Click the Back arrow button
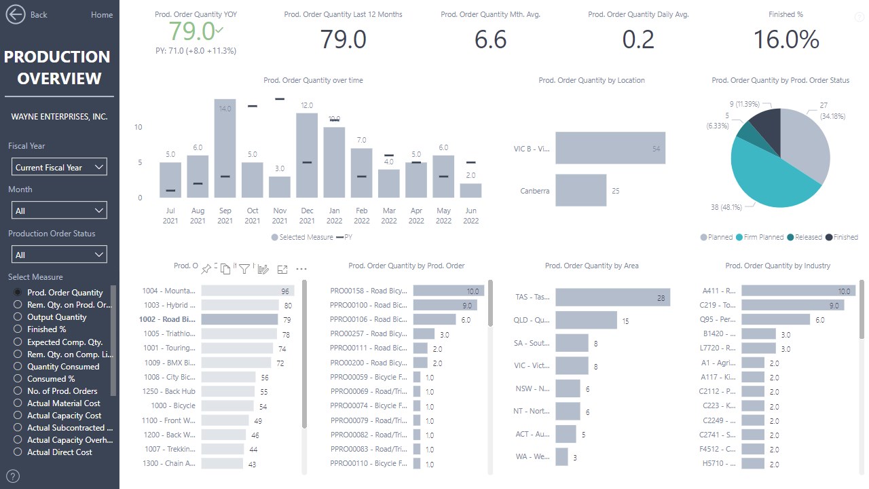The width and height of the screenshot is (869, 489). pos(16,14)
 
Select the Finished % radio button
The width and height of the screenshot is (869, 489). pos(18,329)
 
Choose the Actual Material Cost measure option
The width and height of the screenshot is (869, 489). pos(18,403)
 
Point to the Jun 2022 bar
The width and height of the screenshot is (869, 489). pos(470,191)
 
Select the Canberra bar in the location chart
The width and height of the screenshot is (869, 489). pos(580,190)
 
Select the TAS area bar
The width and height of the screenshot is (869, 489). pos(612,297)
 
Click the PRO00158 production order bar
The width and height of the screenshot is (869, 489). pos(448,291)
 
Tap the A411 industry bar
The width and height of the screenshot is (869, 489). pos(798,291)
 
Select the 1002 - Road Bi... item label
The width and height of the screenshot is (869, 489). pos(167,319)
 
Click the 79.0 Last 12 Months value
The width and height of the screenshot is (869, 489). pos(343,39)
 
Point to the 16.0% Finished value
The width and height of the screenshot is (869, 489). pos(786,39)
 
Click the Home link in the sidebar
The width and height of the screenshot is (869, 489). pos(102,15)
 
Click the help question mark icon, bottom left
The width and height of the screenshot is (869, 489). pos(13,476)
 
